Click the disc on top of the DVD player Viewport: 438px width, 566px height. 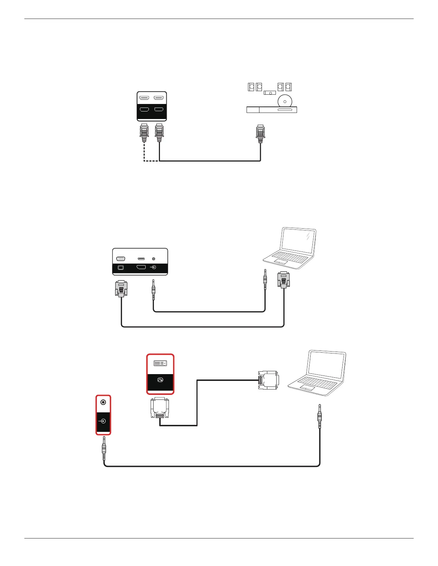[x=285, y=101]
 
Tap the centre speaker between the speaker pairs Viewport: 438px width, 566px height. [x=270, y=93]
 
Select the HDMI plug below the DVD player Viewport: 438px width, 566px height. [x=260, y=134]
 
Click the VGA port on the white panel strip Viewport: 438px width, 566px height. [x=121, y=259]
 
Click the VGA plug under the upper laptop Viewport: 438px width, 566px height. [x=284, y=279]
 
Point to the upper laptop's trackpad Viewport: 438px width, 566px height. [x=281, y=262]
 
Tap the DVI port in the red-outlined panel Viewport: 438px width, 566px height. [x=160, y=363]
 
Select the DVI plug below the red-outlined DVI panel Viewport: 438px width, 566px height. [x=160, y=407]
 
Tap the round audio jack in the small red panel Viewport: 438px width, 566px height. [x=103, y=402]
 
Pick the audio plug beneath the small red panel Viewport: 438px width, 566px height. [x=104, y=449]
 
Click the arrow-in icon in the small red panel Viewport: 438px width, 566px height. [x=103, y=421]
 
